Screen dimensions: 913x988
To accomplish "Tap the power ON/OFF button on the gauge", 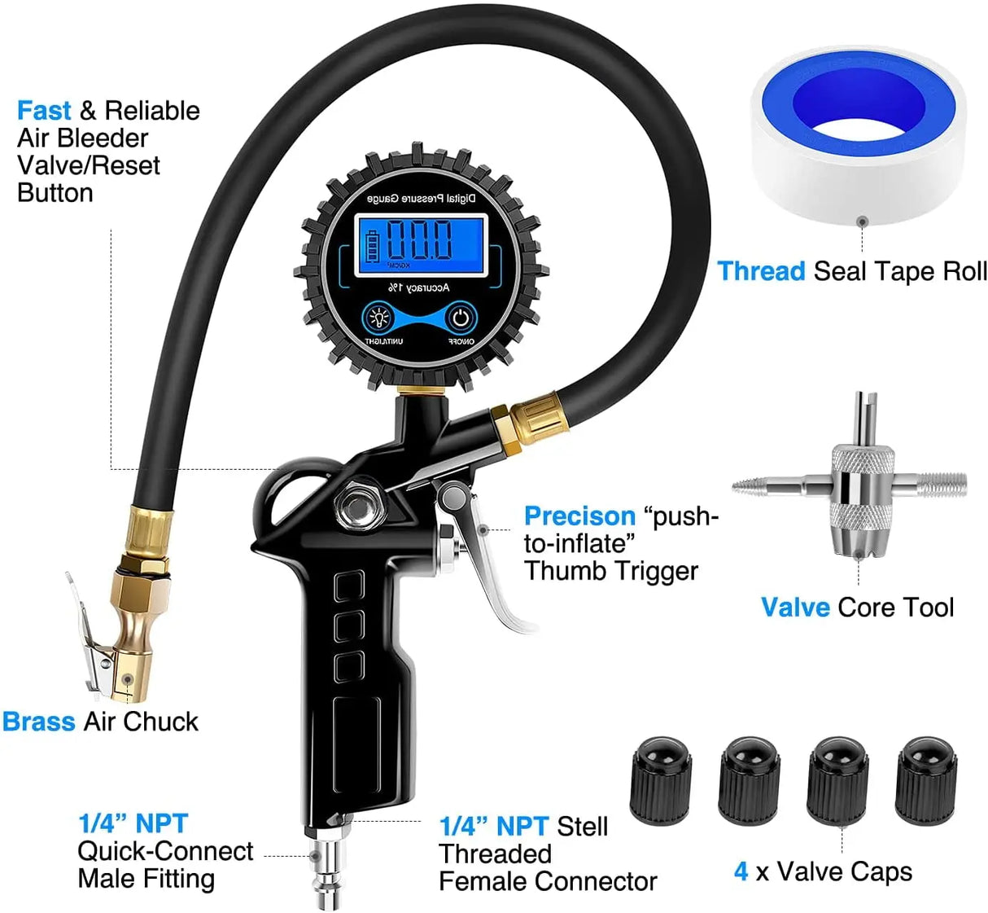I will click(x=461, y=318).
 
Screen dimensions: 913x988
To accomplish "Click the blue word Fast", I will click(x=44, y=111).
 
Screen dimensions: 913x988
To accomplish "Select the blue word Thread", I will click(x=761, y=271).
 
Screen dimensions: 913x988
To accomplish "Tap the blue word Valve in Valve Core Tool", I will click(x=795, y=608).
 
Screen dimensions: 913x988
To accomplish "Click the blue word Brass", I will click(x=38, y=722).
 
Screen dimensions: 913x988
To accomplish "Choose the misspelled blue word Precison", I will click(x=579, y=516).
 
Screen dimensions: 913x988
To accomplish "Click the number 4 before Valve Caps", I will click(x=741, y=871).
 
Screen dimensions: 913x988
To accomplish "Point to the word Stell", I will click(x=582, y=827).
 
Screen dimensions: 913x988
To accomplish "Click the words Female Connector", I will click(x=547, y=881).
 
